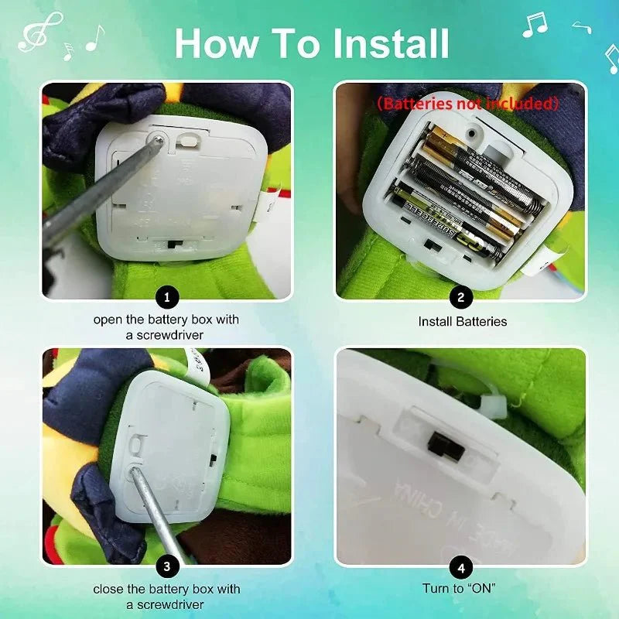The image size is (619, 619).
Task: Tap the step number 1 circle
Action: point(167,297)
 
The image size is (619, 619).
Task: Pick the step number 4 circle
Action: point(461,566)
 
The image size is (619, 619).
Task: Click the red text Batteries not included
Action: point(467,103)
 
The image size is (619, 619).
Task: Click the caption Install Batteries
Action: point(463,321)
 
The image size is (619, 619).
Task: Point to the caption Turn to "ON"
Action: point(460,589)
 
